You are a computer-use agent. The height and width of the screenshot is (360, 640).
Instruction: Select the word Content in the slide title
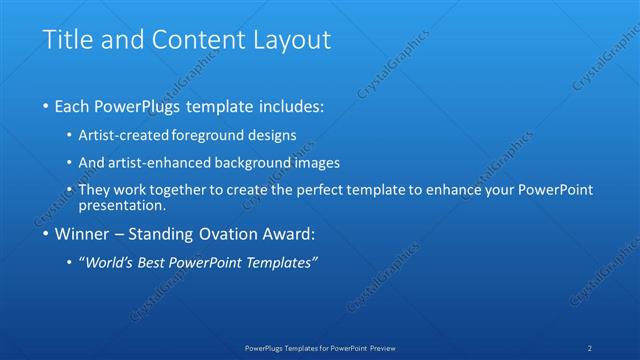pyautogui.click(x=190, y=41)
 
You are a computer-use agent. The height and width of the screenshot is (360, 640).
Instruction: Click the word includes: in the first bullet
pyautogui.click(x=290, y=105)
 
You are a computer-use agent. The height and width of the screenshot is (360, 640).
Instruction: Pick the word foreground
pyautogui.click(x=208, y=135)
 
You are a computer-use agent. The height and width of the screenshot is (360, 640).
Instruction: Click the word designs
pyautogui.click(x=272, y=135)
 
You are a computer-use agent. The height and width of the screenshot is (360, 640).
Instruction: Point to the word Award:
pyautogui.click(x=288, y=235)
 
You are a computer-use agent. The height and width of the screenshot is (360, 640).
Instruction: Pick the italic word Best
pyautogui.click(x=154, y=263)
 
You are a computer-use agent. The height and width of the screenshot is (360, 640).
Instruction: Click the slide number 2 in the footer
pyautogui.click(x=590, y=347)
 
